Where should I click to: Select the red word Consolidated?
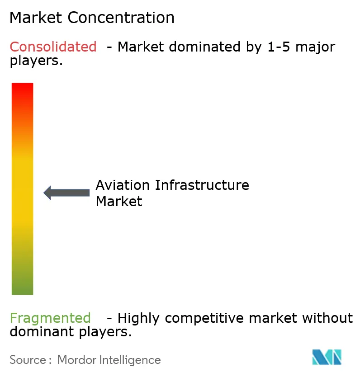coord(53,47)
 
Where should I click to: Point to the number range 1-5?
coord(278,47)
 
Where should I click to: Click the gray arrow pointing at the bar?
coord(66,193)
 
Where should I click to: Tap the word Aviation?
coord(123,185)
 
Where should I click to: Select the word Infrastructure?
coord(202,185)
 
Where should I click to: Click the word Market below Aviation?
coord(119,201)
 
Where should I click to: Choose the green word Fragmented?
coord(50,318)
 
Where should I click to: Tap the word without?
coord(327,318)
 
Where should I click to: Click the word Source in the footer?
coord(27,360)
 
